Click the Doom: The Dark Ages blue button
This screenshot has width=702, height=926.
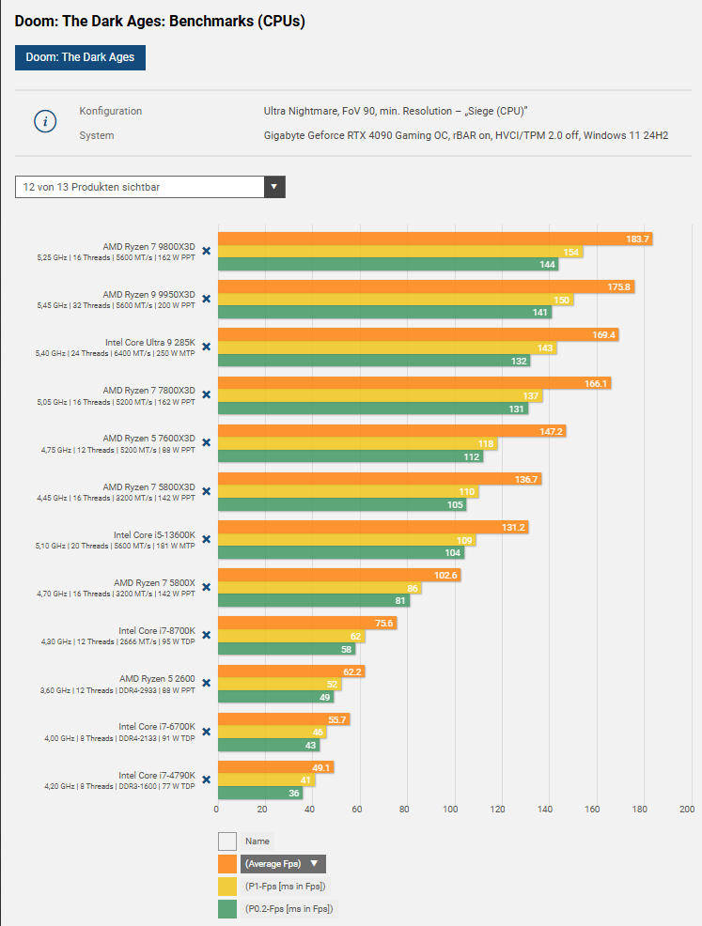click(x=80, y=57)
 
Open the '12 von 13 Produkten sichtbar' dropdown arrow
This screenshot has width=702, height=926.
click(x=274, y=187)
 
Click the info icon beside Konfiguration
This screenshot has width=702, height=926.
click(x=46, y=122)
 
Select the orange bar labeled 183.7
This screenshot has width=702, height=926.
click(x=434, y=239)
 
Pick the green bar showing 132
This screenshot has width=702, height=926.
click(x=373, y=361)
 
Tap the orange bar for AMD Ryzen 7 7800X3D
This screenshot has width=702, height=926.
click(x=413, y=383)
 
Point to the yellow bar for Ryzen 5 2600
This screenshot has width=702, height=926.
click(x=279, y=684)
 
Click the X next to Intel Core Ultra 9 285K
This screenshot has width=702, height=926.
click(x=206, y=347)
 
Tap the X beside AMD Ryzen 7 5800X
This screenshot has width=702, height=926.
click(x=206, y=588)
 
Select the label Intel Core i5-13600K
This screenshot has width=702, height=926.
click(x=154, y=533)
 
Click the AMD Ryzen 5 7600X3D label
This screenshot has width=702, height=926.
click(x=148, y=437)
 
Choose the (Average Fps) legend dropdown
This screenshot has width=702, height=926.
click(x=282, y=864)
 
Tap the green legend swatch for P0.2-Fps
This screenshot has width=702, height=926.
click(x=227, y=908)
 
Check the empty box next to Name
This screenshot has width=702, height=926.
click(x=227, y=841)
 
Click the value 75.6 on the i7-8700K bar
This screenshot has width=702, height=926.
click(x=383, y=623)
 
